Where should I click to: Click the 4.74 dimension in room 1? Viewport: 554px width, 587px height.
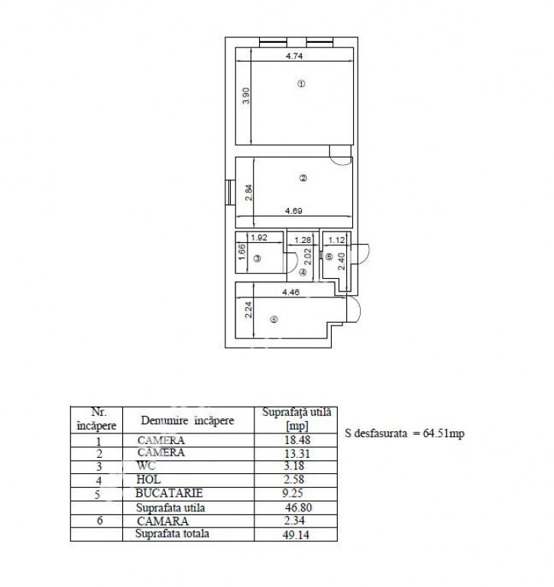pos(294,56)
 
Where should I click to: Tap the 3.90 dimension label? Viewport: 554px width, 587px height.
pos(246,96)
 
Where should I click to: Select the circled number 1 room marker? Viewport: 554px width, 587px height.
pos(301,84)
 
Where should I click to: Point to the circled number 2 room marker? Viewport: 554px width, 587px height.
pos(303,178)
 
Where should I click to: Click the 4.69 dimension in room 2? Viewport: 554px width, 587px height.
pos(293,211)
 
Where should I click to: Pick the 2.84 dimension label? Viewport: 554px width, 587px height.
pos(248,193)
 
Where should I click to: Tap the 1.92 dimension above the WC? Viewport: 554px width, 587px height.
pos(259,238)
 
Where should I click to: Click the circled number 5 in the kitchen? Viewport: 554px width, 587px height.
pos(274,319)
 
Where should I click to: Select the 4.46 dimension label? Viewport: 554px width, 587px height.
pos(291,292)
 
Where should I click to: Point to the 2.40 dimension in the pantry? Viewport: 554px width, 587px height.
pos(342,261)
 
